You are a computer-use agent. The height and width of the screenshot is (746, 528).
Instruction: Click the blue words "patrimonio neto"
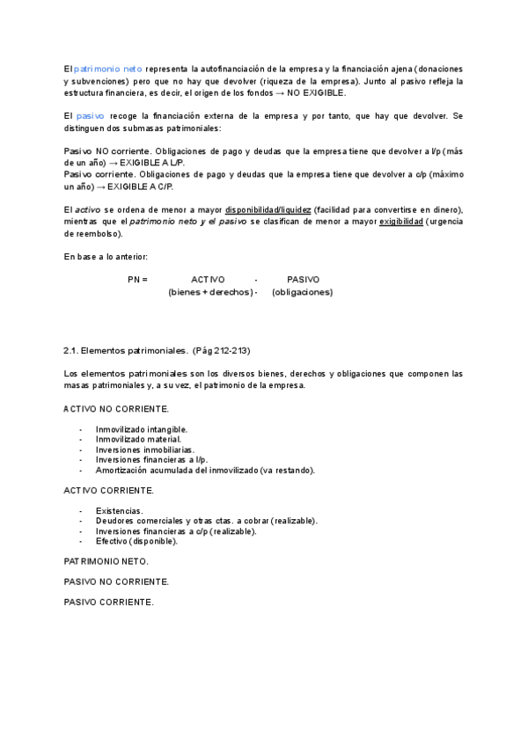(x=108, y=69)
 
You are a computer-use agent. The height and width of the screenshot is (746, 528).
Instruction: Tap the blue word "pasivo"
(x=91, y=116)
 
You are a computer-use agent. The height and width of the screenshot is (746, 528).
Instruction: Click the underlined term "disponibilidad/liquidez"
(x=268, y=209)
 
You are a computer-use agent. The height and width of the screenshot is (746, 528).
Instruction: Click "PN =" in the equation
(x=137, y=280)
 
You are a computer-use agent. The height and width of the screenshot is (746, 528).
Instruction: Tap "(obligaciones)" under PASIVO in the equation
(x=303, y=292)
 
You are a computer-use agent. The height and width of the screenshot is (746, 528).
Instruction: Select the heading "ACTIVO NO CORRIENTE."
(x=116, y=409)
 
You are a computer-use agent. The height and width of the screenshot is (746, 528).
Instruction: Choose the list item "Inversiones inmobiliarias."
(x=145, y=450)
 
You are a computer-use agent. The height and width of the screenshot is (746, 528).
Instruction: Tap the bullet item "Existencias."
(x=119, y=510)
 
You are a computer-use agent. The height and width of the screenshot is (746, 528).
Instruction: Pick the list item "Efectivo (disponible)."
(x=136, y=541)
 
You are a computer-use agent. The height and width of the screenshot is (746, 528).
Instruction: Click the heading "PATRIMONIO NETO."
(x=106, y=561)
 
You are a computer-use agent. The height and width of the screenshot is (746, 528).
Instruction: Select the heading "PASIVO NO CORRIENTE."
(x=116, y=581)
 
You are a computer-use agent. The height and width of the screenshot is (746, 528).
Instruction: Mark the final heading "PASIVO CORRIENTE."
(x=108, y=603)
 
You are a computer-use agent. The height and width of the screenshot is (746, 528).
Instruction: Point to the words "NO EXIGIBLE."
(x=318, y=92)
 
